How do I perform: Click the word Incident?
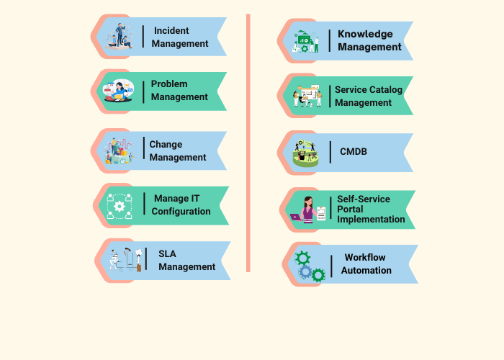click(171, 30)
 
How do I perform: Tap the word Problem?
click(169, 84)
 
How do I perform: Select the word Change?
click(166, 144)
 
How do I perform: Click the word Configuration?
click(181, 212)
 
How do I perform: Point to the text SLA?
click(167, 253)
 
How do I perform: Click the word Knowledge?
click(365, 34)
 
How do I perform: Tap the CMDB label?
click(354, 151)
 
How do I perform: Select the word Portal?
click(350, 210)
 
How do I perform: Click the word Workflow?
click(365, 258)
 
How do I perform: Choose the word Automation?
click(366, 270)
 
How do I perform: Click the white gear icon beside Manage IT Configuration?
click(120, 207)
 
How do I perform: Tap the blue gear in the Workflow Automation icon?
click(305, 272)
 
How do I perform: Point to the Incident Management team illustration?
click(120, 36)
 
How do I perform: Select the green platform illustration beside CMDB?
click(306, 153)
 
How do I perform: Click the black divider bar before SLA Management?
click(146, 258)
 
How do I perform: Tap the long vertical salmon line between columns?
click(248, 143)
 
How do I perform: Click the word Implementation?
click(371, 220)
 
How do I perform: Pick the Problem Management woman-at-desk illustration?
click(118, 91)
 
